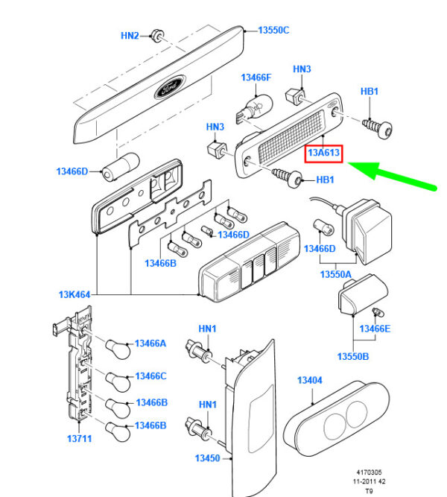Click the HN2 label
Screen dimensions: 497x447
click(x=130, y=35)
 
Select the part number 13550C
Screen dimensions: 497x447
click(x=273, y=31)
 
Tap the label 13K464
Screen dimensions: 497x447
click(x=74, y=295)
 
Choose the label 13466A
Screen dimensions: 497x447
click(x=151, y=344)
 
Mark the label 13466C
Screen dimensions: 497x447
click(x=151, y=376)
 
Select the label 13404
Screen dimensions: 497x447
click(x=309, y=381)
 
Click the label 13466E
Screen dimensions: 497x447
click(x=375, y=329)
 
